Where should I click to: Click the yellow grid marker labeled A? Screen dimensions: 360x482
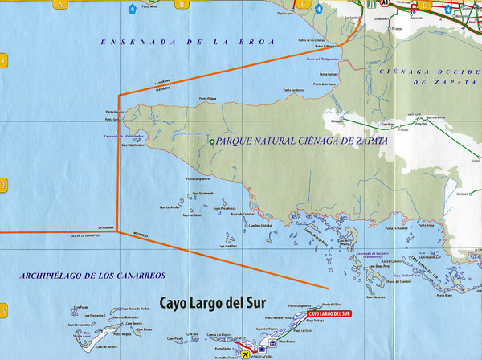pos(59,4)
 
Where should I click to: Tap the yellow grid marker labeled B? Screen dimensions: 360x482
pos(182,4)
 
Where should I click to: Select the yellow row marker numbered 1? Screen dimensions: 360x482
pos(4,60)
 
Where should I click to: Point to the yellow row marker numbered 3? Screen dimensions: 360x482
pos(4,311)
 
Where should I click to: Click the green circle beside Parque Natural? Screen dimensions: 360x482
pos(212,142)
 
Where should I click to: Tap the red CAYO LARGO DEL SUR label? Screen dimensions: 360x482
pos(329,313)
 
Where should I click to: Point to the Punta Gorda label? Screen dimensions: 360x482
pos(112,120)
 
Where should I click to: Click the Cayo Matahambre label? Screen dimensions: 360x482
pos(133,146)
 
